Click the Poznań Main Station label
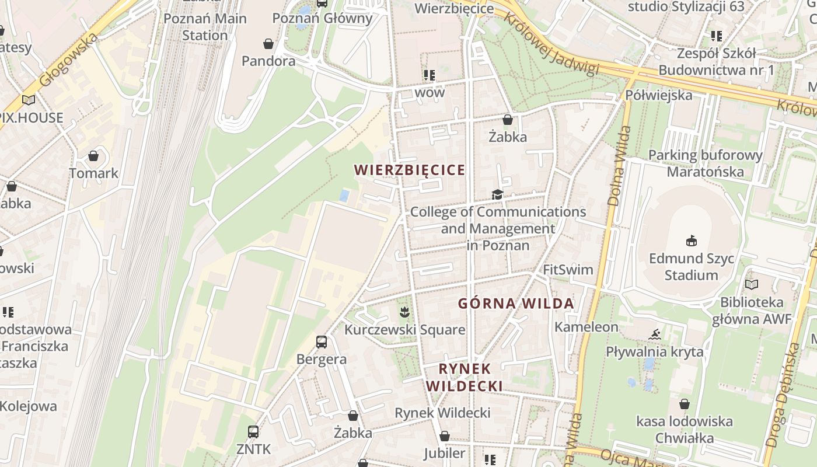click(x=205, y=27)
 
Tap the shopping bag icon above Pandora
click(x=268, y=44)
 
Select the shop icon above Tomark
click(x=93, y=156)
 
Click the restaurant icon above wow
click(x=430, y=75)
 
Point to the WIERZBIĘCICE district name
click(x=410, y=170)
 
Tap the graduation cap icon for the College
click(x=497, y=194)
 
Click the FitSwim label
click(x=568, y=270)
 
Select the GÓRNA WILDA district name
click(x=516, y=304)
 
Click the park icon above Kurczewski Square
click(x=404, y=312)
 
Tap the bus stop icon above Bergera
click(x=322, y=341)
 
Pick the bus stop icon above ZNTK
click(x=253, y=432)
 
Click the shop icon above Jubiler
click(x=445, y=436)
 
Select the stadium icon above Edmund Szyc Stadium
click(x=692, y=241)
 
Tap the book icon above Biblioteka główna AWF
click(x=752, y=285)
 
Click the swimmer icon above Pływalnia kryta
click(x=655, y=334)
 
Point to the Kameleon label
click(x=586, y=327)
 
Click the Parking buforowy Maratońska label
click(x=706, y=163)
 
